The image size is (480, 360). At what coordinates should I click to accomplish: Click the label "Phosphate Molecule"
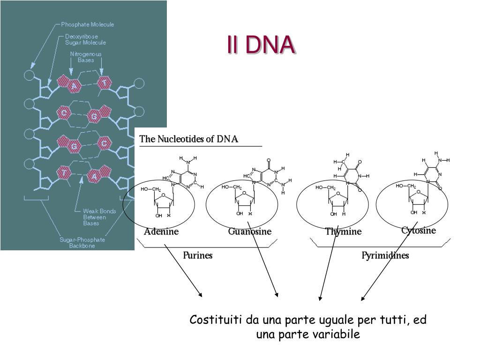tap(88, 24)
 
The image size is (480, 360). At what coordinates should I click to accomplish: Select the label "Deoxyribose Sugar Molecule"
tap(85, 39)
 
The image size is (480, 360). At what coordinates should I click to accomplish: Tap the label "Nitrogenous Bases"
tap(86, 57)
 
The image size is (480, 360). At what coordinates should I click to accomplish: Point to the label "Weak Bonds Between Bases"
tap(99, 217)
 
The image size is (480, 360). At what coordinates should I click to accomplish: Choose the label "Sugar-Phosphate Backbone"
tap(82, 242)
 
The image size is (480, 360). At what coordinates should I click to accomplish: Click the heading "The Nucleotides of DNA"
tap(189, 139)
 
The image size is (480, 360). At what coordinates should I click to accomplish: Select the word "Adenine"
tap(161, 232)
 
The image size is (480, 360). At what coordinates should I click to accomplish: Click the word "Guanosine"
tap(250, 232)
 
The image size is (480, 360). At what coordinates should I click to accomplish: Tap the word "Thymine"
tap(344, 232)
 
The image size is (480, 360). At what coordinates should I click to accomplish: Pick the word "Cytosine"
tap(419, 230)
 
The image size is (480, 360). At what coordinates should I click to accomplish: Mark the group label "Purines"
tap(197, 255)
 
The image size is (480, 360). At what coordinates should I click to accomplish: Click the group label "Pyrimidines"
tap(385, 255)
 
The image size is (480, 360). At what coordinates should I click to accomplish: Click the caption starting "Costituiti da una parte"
tap(308, 327)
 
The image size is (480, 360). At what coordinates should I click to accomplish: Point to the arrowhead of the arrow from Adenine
tap(201, 295)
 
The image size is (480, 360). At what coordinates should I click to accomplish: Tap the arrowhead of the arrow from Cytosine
tap(362, 299)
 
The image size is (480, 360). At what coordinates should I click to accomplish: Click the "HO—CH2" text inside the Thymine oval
tap(325, 187)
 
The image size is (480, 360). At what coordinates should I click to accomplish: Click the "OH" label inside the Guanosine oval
tap(240, 214)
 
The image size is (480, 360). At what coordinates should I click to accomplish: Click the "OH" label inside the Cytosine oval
tap(414, 212)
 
